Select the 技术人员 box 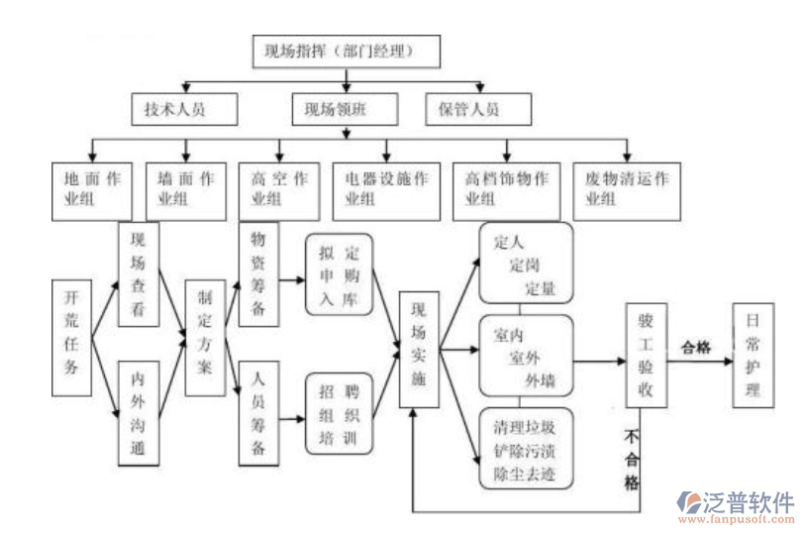[x=184, y=109]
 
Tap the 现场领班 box [x=344, y=109]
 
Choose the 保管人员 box [x=476, y=109]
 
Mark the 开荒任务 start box [x=71, y=332]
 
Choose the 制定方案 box [x=205, y=337]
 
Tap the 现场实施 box [x=419, y=349]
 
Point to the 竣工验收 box [x=646, y=356]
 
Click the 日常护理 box [x=753, y=354]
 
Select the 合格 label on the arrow [x=696, y=348]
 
